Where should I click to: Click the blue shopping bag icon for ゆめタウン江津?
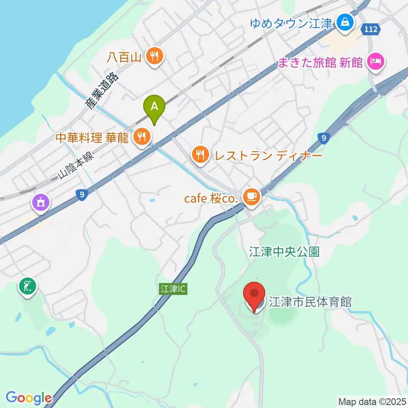(345, 23)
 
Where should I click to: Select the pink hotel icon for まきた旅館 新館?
(377, 62)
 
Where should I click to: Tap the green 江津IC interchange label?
(173, 289)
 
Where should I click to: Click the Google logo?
(28, 398)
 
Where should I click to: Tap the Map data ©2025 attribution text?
(372, 401)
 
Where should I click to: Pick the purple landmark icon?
(41, 202)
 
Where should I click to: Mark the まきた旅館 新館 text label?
(320, 63)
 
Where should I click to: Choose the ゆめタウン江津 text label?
(291, 23)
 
